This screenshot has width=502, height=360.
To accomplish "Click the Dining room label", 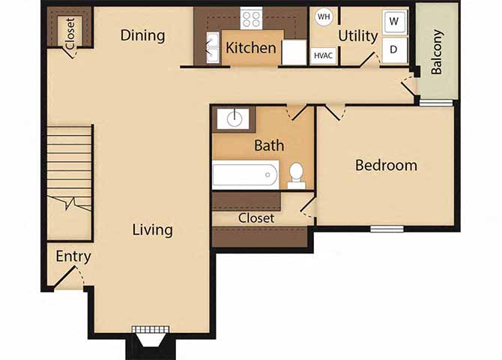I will pyautogui.click(x=142, y=35).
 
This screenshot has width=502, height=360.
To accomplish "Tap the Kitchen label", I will pyautogui.click(x=251, y=48).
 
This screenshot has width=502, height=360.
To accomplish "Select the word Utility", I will pyautogui.click(x=357, y=35).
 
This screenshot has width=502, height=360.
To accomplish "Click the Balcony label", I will pyautogui.click(x=437, y=52).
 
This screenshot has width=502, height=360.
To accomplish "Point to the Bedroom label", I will pyautogui.click(x=386, y=165).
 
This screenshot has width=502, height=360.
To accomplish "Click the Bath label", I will pyautogui.click(x=268, y=145).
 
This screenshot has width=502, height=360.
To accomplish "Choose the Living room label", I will pyautogui.click(x=153, y=229).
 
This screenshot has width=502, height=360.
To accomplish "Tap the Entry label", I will pyautogui.click(x=73, y=256).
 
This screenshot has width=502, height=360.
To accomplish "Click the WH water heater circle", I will pyautogui.click(x=323, y=16).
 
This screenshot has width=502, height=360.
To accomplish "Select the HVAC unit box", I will pyautogui.click(x=323, y=55).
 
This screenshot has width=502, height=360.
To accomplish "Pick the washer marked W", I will pyautogui.click(x=394, y=22).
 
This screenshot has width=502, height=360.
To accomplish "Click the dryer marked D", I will pyautogui.click(x=394, y=49).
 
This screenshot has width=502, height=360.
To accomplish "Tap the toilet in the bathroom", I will pyautogui.click(x=296, y=174).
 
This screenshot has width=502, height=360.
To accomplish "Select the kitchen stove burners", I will pyautogui.click(x=251, y=18).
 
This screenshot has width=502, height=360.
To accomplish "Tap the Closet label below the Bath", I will pyautogui.click(x=256, y=217).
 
